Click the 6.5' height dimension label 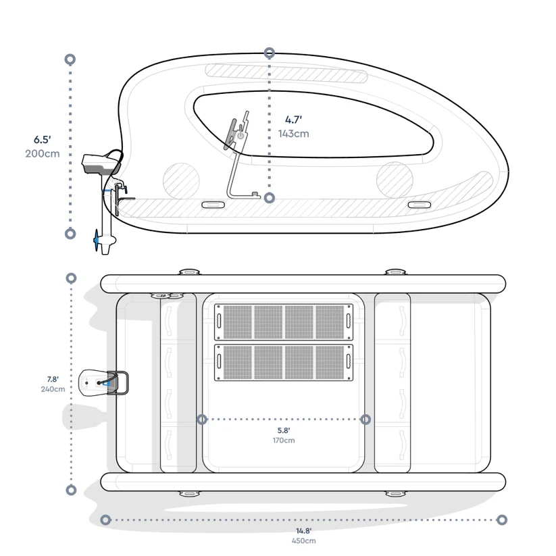click(x=42, y=140)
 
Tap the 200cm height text click(x=42, y=153)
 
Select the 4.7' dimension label click(x=293, y=120)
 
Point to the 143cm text click(x=293, y=134)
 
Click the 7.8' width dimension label click(x=52, y=379)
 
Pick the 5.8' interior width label click(x=284, y=430)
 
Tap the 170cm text click(x=284, y=440)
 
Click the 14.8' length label click(x=303, y=531)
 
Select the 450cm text click(x=303, y=541)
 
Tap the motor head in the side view click(x=100, y=162)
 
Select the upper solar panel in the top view click(x=284, y=322)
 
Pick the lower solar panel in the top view click(x=284, y=363)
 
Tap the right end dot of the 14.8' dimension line click(x=501, y=520)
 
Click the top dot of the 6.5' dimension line click(x=70, y=59)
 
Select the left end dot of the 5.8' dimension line click(x=202, y=420)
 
